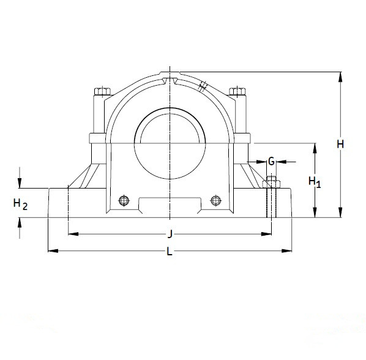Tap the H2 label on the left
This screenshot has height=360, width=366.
[20, 204]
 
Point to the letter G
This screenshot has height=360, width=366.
[271, 162]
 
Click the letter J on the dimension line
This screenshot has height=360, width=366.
[170, 233]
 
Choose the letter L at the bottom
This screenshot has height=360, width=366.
[170, 251]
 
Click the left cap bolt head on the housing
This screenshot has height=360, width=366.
[101, 92]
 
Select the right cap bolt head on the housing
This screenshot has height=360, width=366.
[237, 92]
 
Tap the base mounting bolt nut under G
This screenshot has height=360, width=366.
[271, 183]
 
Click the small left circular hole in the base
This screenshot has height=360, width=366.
[124, 200]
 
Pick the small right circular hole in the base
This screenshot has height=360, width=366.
[215, 200]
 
